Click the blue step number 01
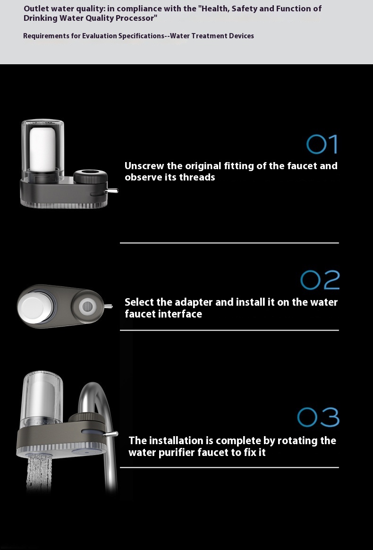click(x=322, y=144)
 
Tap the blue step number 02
click(x=320, y=280)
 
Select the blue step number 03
click(x=318, y=417)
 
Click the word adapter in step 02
click(x=193, y=302)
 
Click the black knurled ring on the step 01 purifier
click(x=91, y=175)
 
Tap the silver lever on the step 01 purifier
click(x=111, y=191)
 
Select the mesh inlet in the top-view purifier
click(x=85, y=306)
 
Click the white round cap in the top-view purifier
click(x=32, y=306)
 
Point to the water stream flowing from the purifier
click(x=39, y=473)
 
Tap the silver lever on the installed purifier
click(x=111, y=434)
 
